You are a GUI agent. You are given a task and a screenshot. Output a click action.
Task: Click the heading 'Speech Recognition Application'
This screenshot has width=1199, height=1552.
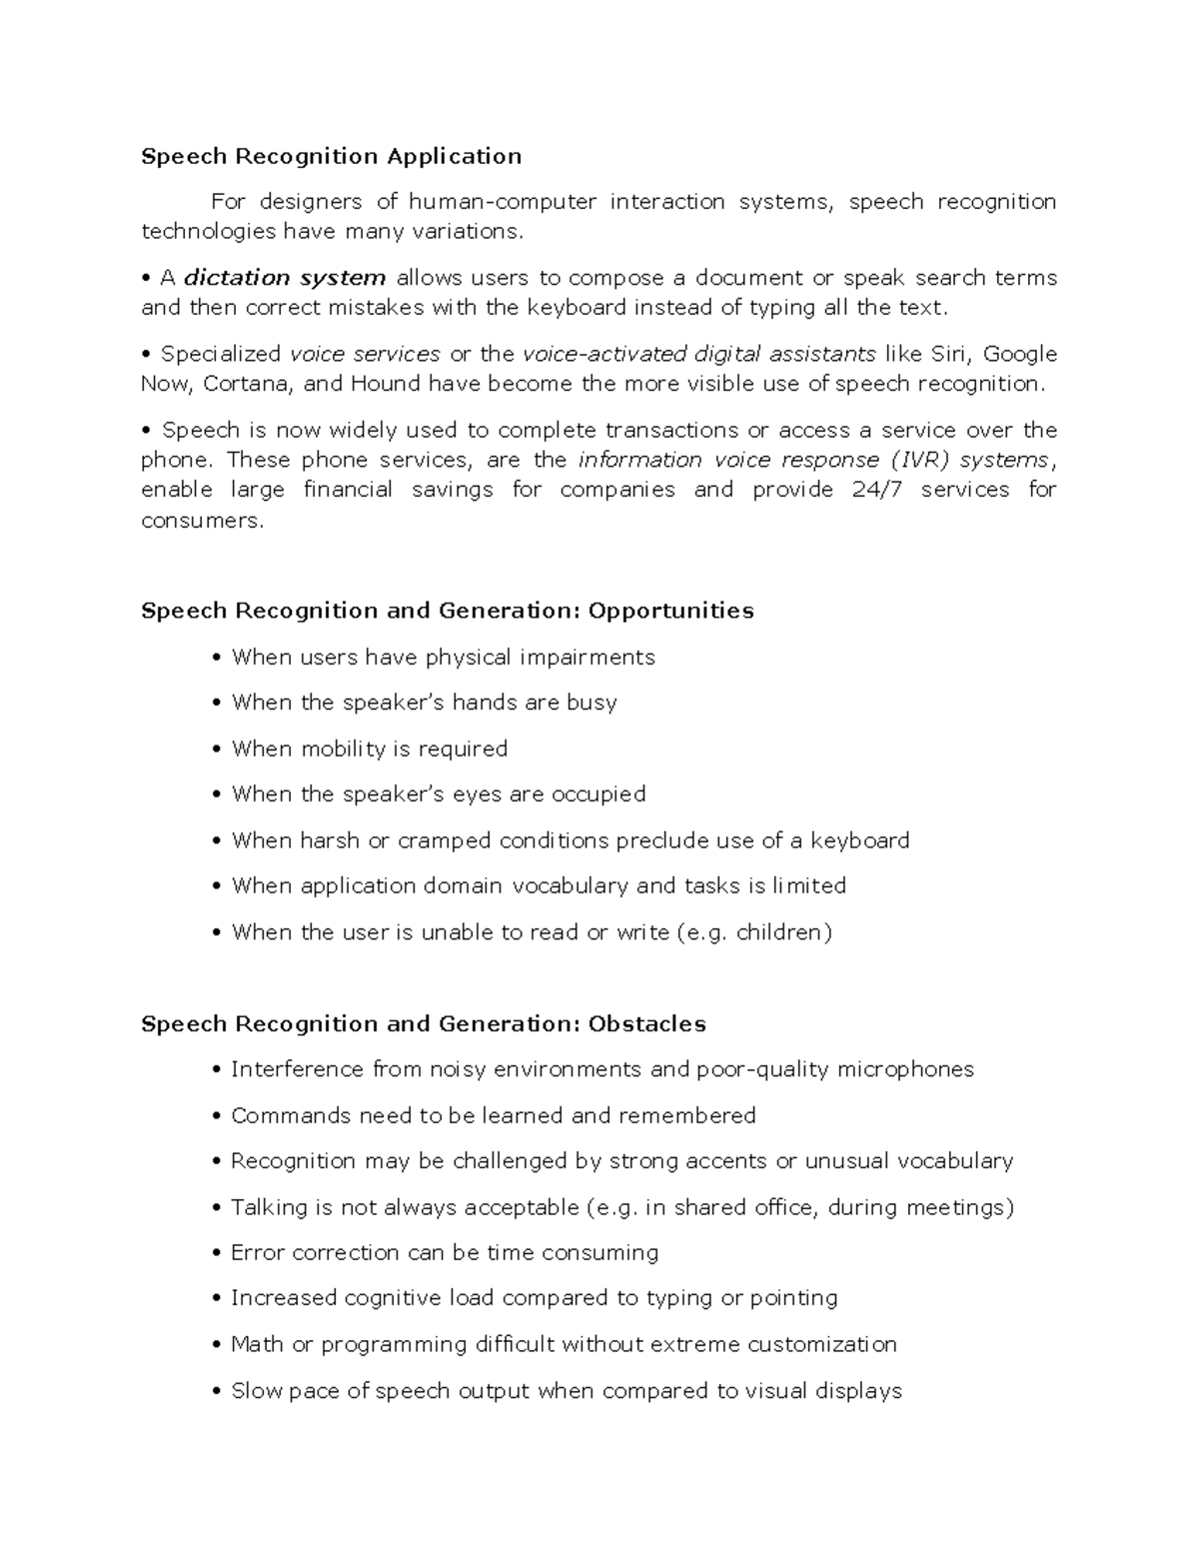[331, 156]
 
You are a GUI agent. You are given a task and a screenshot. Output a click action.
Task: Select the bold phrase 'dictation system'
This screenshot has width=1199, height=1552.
[285, 278]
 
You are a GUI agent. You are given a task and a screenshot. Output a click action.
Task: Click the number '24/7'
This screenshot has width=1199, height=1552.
[878, 490]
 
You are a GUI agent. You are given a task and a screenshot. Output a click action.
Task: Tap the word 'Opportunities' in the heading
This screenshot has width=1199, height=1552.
[670, 611]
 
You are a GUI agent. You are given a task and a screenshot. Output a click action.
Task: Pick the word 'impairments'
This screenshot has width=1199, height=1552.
[592, 658]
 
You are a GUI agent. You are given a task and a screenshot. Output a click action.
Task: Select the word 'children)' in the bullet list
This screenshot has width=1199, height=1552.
[783, 932]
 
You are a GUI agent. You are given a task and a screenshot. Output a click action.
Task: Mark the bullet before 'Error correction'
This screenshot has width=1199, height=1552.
[217, 1254]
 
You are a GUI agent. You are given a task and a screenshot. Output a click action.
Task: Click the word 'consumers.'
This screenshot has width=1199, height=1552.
[203, 521]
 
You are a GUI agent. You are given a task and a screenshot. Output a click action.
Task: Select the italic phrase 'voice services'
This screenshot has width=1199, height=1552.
[364, 354]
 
